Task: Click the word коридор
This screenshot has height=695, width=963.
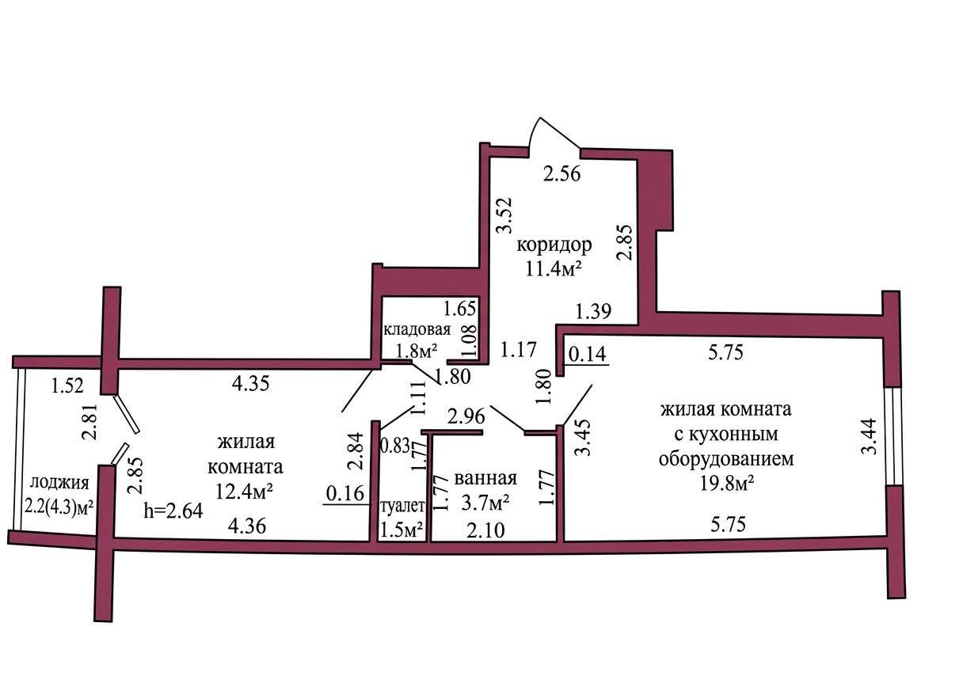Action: (554, 245)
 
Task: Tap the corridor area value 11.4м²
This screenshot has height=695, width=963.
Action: (554, 269)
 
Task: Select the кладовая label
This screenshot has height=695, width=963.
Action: (417, 330)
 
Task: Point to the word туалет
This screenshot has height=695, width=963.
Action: (403, 506)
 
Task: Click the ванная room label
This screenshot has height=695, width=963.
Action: (485, 478)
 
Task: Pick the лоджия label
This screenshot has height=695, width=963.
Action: (59, 483)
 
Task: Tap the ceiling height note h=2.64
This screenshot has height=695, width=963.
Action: (173, 511)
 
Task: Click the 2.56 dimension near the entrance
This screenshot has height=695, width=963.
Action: (562, 174)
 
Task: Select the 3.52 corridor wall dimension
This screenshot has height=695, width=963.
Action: (504, 215)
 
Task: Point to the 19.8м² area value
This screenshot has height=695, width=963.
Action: (727, 484)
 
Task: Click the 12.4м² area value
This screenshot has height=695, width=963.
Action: (245, 492)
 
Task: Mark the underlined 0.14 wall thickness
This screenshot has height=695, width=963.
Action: (588, 355)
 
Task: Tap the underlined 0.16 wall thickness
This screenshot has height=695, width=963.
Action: (345, 493)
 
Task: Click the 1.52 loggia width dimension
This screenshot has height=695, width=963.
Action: (67, 385)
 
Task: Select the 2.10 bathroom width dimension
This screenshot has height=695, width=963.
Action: (485, 531)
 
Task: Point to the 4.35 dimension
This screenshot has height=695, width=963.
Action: (250, 383)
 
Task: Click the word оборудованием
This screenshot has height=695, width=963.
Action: (726, 459)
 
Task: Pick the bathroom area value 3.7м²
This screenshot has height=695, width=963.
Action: (485, 503)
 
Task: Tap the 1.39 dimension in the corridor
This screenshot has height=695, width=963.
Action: (593, 311)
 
